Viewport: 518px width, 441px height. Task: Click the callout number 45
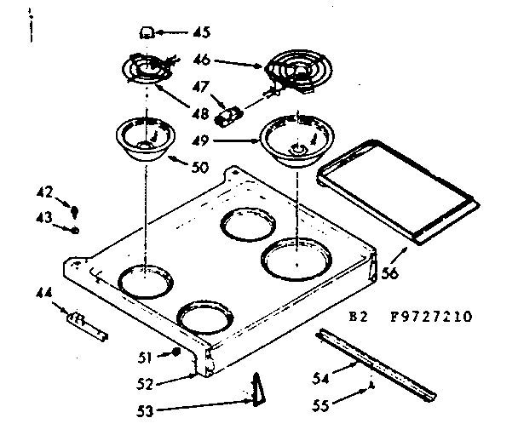201,33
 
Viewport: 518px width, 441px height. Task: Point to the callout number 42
45,192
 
